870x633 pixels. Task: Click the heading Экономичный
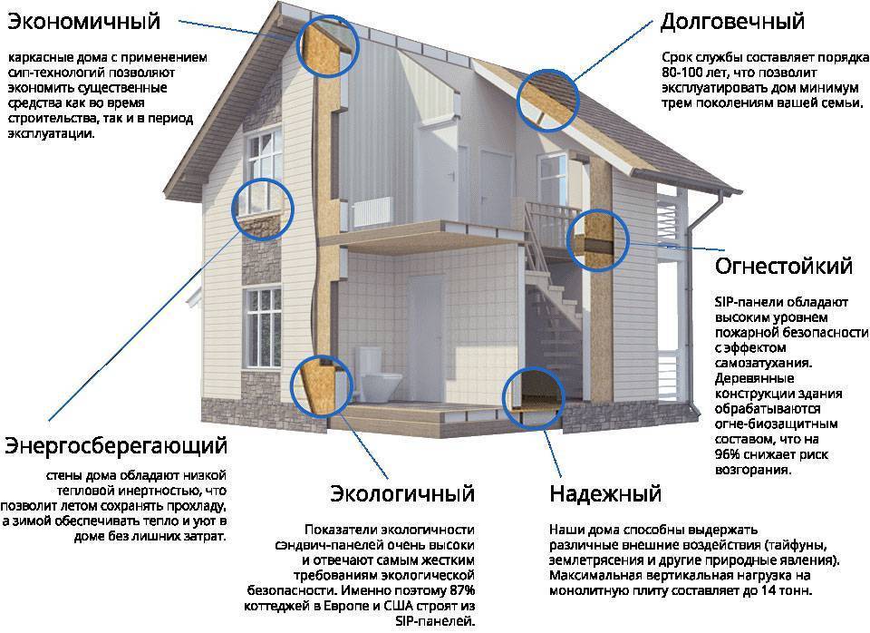click(83, 22)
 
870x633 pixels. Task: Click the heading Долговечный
click(732, 22)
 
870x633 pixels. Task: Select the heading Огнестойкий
click(783, 266)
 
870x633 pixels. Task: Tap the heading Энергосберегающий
click(116, 446)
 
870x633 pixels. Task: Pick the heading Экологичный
click(402, 493)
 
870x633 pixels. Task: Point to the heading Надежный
click(605, 493)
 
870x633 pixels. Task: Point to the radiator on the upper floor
click(372, 211)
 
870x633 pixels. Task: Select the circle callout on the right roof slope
click(547, 101)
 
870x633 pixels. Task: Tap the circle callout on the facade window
click(262, 209)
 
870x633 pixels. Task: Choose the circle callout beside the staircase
click(598, 240)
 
